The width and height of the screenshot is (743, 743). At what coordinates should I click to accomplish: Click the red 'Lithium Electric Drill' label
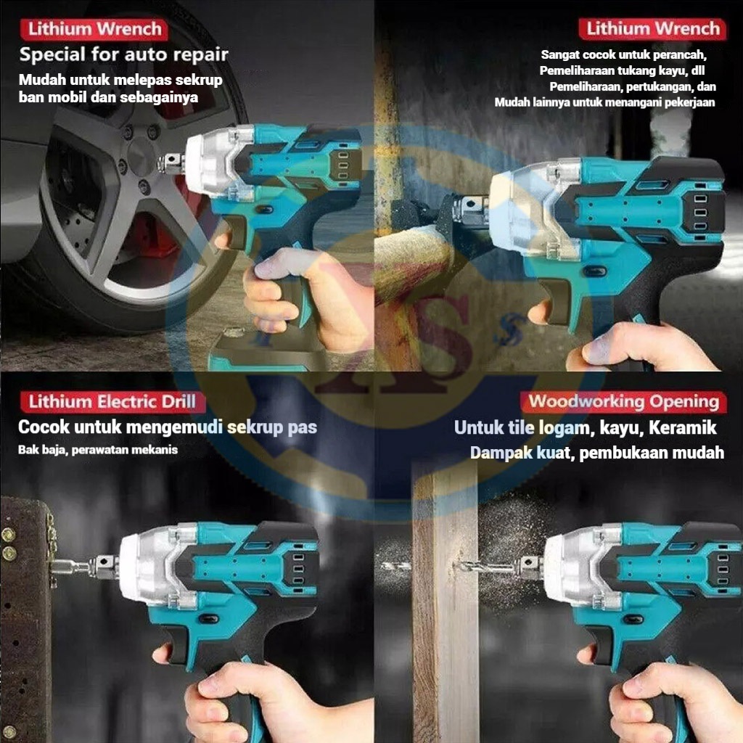click(112, 402)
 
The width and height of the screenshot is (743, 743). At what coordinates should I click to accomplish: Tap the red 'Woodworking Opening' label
click(623, 402)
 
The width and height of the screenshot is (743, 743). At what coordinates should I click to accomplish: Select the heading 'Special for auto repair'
click(123, 54)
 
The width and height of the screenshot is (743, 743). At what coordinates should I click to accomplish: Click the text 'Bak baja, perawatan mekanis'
click(98, 450)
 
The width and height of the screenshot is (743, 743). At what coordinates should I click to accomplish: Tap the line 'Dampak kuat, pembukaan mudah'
click(597, 453)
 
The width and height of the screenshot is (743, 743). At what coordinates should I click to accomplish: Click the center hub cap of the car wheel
click(141, 157)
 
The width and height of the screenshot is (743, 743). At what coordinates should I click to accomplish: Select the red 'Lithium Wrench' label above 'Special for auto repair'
click(94, 29)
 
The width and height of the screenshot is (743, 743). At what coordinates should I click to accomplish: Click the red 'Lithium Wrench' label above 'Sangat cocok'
click(652, 29)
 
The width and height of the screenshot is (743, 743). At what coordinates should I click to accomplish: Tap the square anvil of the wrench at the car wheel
click(172, 163)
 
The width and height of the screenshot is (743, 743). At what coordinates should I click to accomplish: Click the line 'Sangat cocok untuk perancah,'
click(623, 55)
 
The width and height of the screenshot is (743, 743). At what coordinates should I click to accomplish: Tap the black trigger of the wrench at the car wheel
click(226, 239)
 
